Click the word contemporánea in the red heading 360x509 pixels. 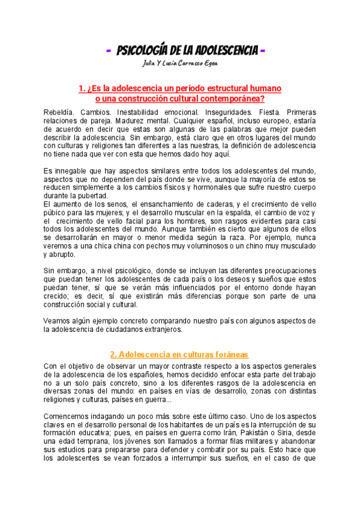(x=231, y=98)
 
